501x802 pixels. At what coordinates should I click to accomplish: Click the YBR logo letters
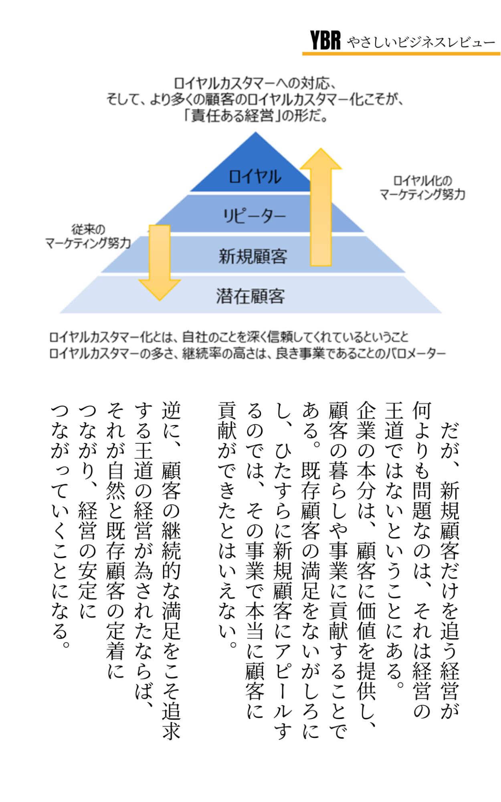[x=325, y=40]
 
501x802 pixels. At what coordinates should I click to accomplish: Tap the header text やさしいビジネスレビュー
[x=421, y=42]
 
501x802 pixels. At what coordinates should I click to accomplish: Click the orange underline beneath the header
[x=401, y=53]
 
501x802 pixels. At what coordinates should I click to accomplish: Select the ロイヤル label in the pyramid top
[x=255, y=177]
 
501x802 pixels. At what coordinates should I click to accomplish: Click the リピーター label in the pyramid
[x=254, y=216]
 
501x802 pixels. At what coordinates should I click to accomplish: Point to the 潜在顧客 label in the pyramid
[x=250, y=296]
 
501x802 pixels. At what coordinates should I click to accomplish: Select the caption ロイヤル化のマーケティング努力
[x=422, y=188]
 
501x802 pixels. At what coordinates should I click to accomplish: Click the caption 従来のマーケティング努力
[x=88, y=236]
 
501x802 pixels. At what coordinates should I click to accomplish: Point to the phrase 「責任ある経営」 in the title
[x=230, y=116]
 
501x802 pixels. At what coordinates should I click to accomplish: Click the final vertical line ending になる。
[x=60, y=522]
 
